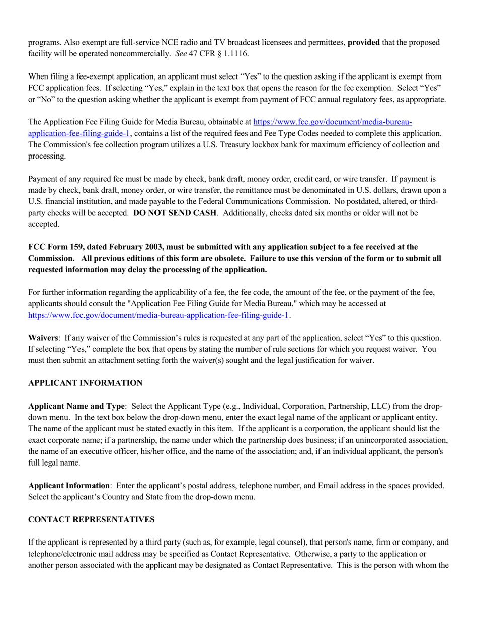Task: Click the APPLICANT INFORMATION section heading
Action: (85, 383)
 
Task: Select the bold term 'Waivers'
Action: (43, 337)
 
